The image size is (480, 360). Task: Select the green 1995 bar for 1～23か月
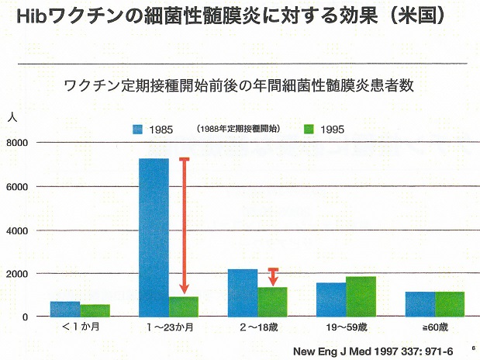(x=184, y=306)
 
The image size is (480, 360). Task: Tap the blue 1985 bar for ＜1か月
(x=65, y=309)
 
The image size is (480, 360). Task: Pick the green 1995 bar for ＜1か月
(x=95, y=310)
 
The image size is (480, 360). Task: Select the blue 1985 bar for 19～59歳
(x=331, y=299)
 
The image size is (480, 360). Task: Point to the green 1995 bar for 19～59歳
(x=361, y=296)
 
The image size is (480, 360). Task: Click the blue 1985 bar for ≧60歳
(x=420, y=304)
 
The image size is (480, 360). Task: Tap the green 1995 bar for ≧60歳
(x=449, y=304)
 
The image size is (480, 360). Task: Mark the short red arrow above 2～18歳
(x=272, y=276)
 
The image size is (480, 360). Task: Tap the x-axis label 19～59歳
(x=346, y=329)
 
